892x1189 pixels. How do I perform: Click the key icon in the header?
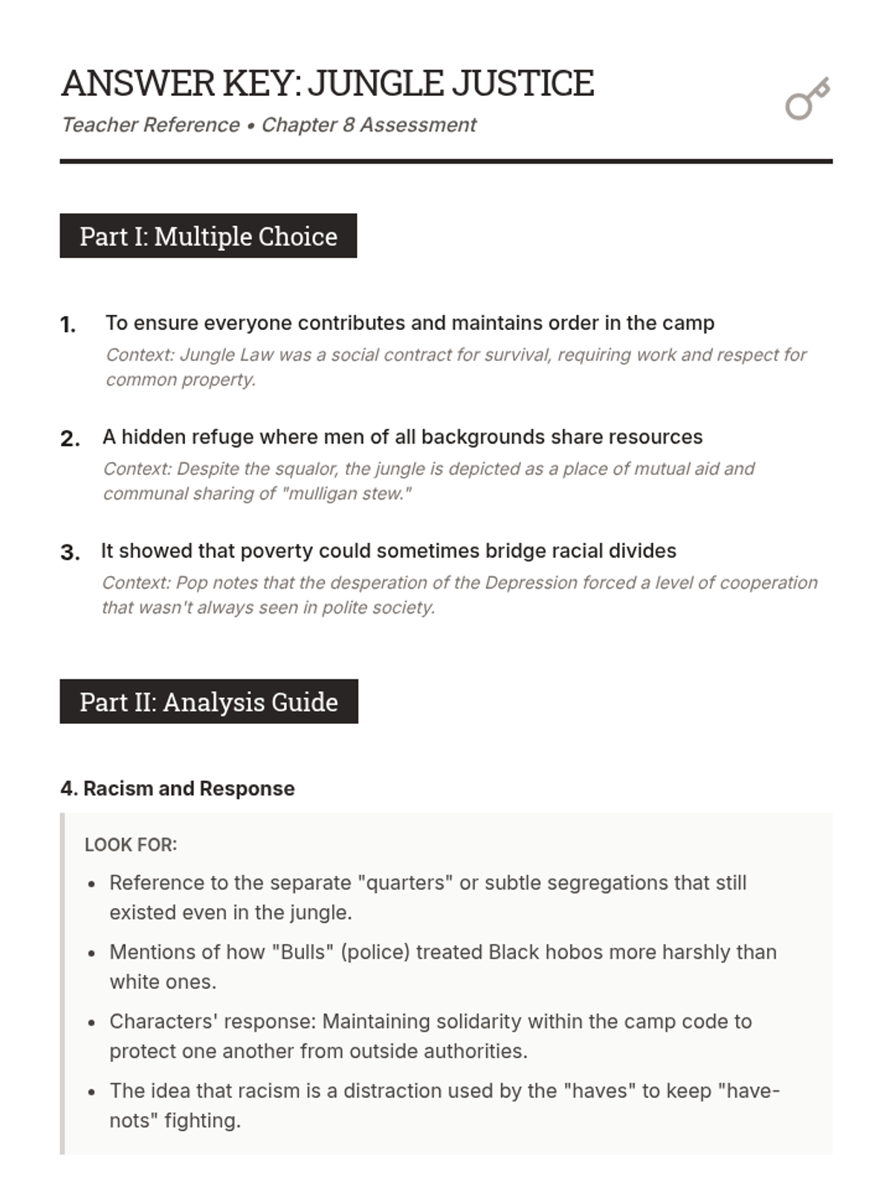[807, 99]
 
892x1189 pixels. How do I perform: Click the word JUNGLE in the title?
[376, 83]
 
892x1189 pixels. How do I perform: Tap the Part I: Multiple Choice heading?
[208, 236]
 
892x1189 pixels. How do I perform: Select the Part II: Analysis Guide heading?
[209, 702]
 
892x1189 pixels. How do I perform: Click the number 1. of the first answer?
[68, 325]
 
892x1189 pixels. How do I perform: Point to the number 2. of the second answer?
[70, 438]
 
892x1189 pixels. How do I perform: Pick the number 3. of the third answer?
[70, 553]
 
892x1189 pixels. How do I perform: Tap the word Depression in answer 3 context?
[531, 583]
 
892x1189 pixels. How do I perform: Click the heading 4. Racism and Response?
[178, 788]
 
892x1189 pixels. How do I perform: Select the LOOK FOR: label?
[131, 845]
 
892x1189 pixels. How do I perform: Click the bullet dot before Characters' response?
[91, 1023]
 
